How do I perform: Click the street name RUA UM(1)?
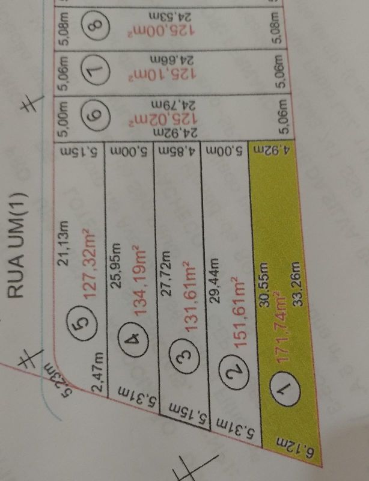pyautogui.click(x=16, y=245)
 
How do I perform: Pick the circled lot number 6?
pyautogui.click(x=99, y=111)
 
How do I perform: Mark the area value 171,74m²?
pyautogui.click(x=278, y=330)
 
